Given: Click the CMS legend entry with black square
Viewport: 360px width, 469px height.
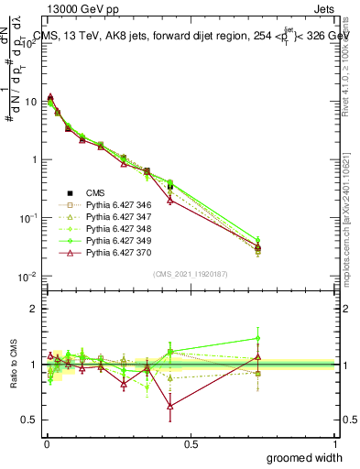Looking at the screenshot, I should [95, 193].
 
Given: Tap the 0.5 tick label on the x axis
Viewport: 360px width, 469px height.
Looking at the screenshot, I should [191, 443].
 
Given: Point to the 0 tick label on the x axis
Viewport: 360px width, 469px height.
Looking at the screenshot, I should [47, 443].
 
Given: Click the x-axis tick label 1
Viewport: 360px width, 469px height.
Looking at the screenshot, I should [335, 443].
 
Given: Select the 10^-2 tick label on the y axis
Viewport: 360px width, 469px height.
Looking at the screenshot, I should [28, 276].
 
